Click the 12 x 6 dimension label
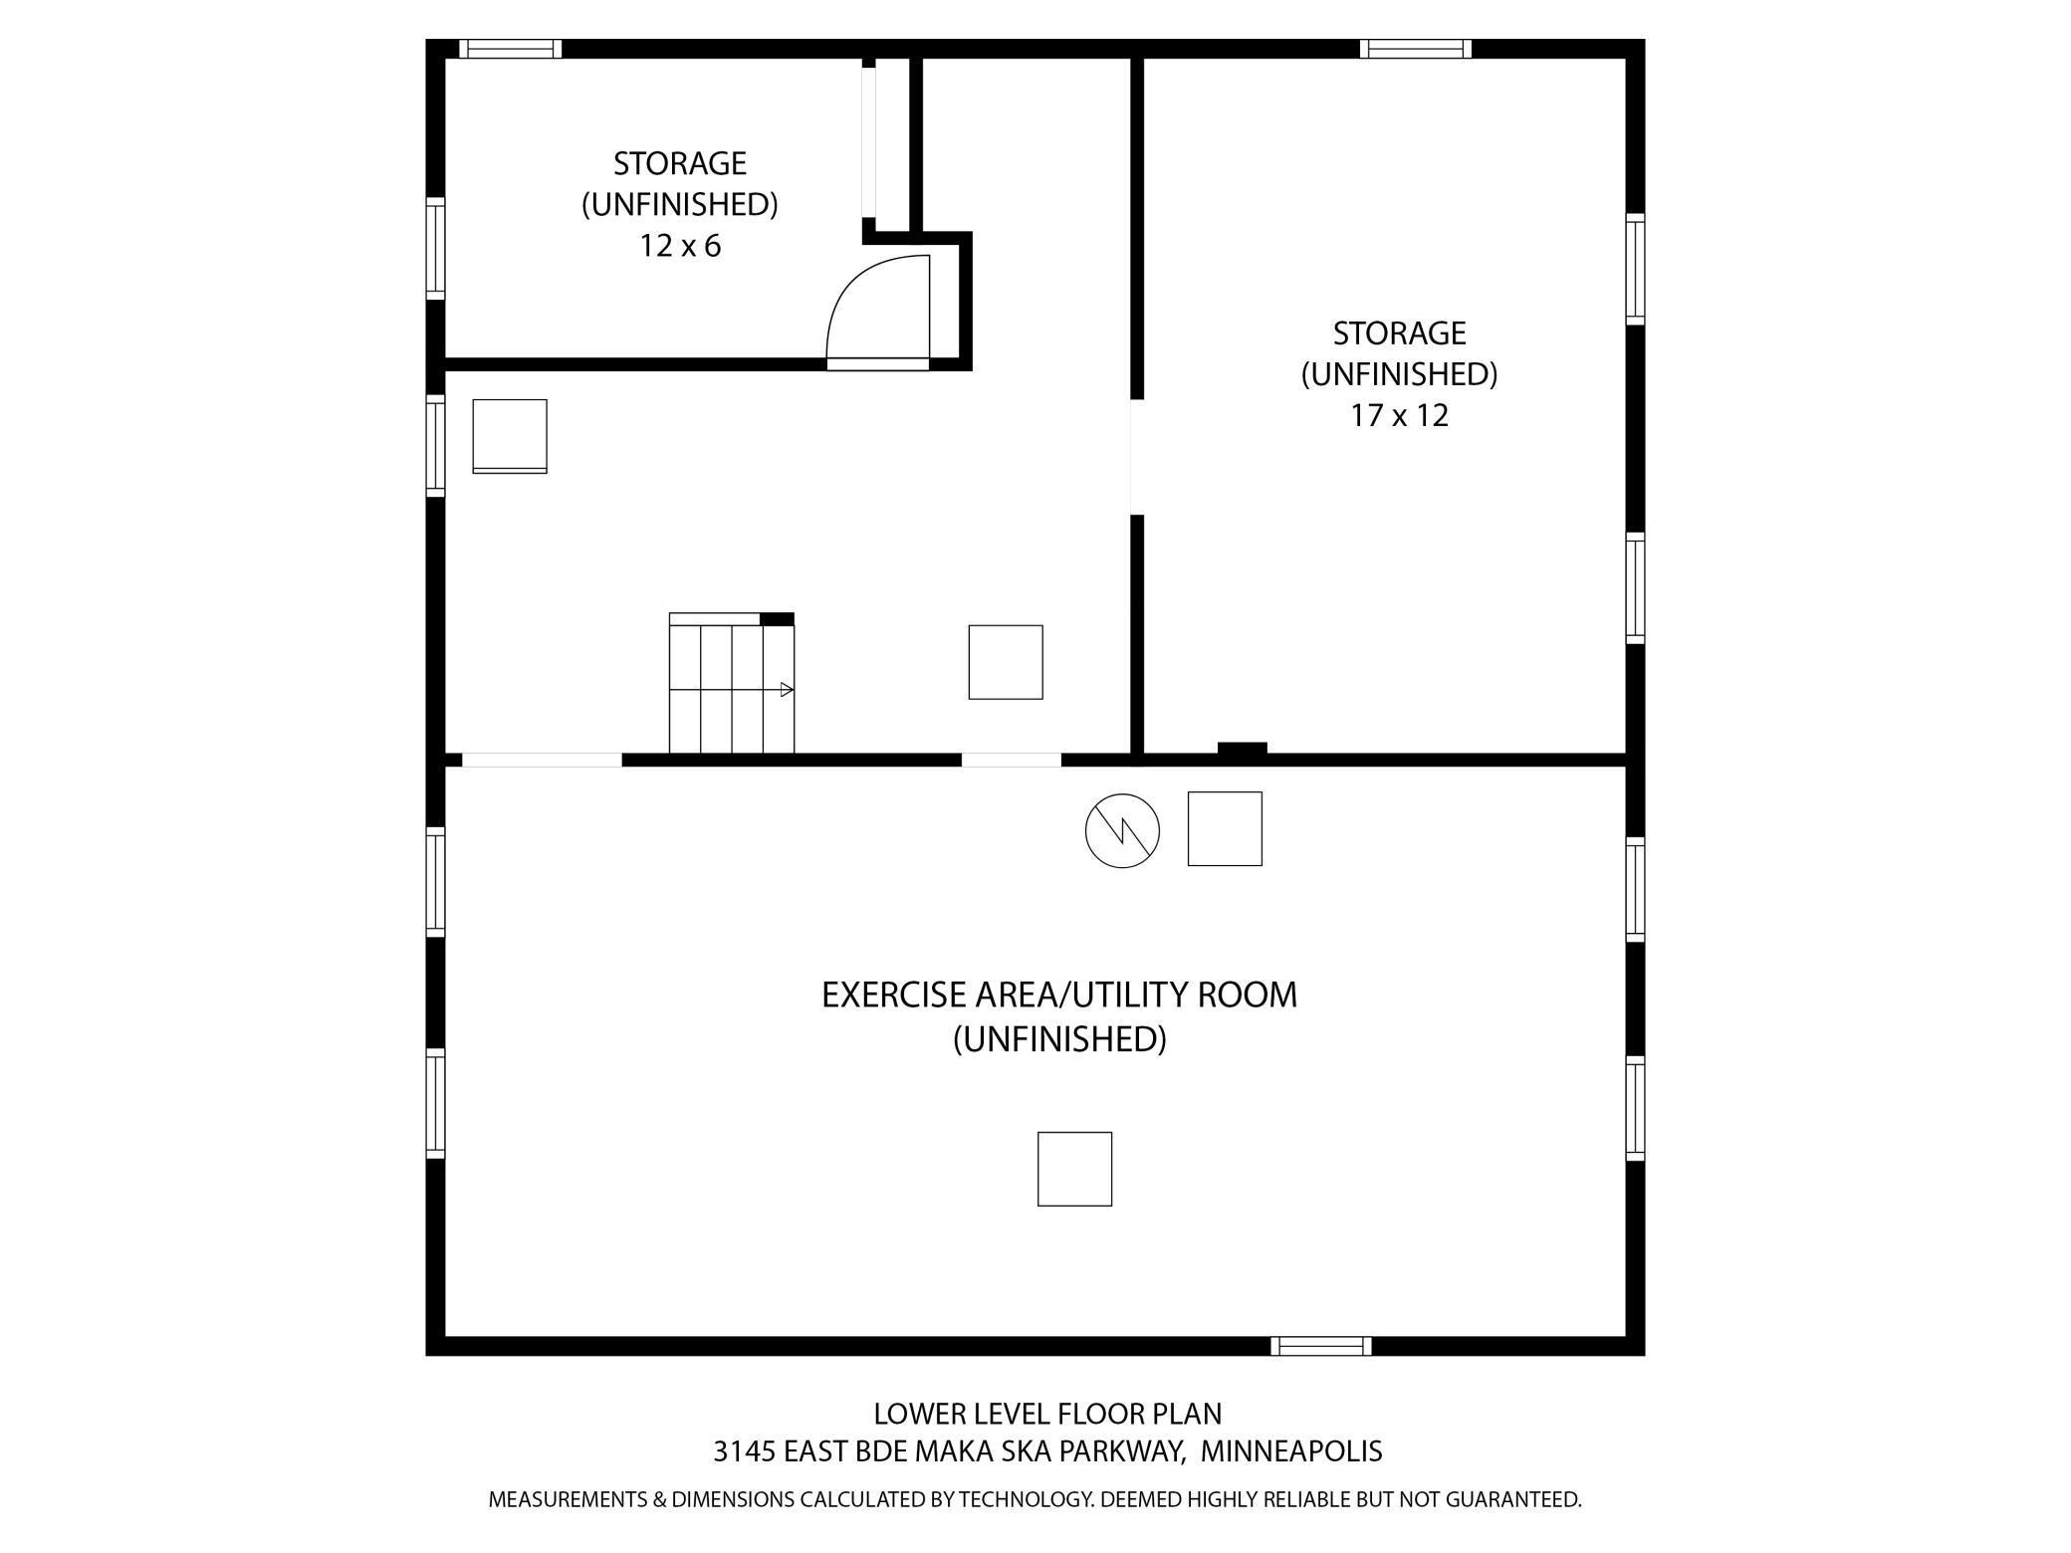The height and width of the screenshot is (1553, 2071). pos(679,246)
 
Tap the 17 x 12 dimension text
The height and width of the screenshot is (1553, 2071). pos(1398,415)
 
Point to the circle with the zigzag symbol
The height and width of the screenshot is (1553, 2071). pos(1122,830)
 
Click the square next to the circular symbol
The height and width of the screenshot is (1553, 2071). pos(1225,828)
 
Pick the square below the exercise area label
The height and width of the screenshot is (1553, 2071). pos(1074,1169)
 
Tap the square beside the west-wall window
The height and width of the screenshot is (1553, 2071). pos(510,436)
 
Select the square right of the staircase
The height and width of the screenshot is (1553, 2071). pos(1006,662)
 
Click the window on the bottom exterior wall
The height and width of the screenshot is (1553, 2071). pos(1321,1346)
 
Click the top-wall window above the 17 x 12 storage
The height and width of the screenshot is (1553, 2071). pos(1415,49)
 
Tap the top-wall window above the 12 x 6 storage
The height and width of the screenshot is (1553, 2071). pos(511,49)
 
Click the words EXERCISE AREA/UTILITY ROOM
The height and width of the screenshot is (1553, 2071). pos(1058,995)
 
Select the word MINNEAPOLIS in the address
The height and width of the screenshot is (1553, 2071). pos(1290,1451)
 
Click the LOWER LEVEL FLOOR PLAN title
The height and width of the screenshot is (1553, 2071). pos(1046,1414)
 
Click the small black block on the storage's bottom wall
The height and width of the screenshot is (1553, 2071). pos(1242,750)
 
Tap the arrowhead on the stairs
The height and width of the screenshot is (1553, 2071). pos(787,689)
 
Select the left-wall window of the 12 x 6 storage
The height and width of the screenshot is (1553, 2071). pos(435,248)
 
